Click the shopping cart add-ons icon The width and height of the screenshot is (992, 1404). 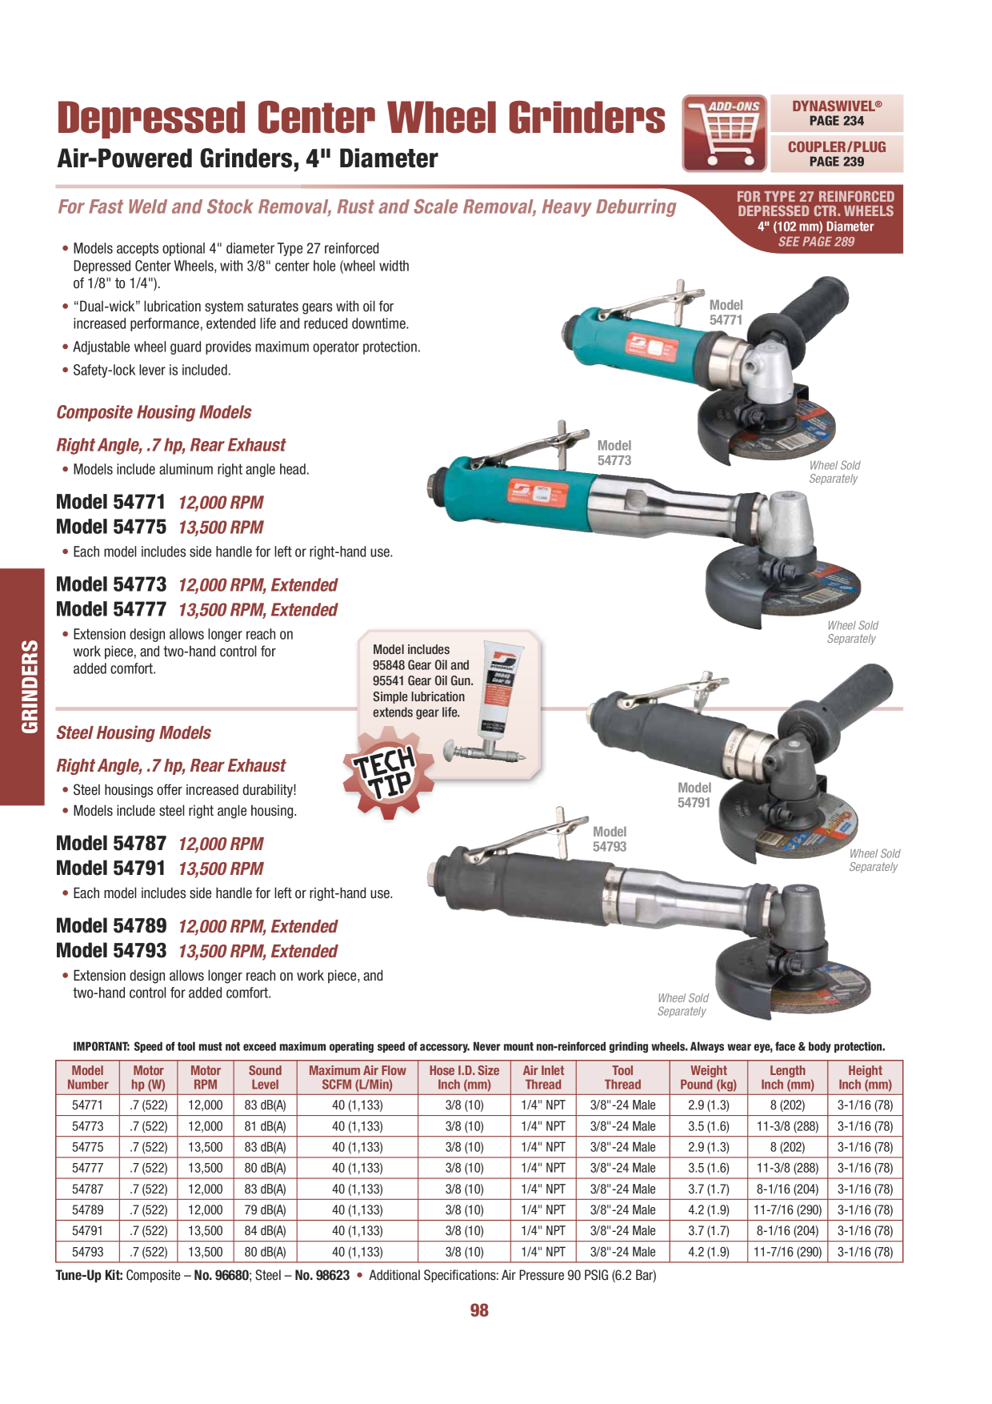(725, 134)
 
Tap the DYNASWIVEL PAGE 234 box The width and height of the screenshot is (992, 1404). (837, 113)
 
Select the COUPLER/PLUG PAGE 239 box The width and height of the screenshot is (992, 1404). (837, 154)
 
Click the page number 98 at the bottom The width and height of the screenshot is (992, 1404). (479, 1310)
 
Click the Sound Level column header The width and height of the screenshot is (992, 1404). (265, 1077)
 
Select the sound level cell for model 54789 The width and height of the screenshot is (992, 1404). (265, 1209)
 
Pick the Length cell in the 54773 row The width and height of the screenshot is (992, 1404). (787, 1126)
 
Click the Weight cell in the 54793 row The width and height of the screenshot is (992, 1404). (709, 1252)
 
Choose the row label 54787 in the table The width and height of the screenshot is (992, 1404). (87, 1189)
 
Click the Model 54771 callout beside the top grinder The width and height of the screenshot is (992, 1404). (726, 312)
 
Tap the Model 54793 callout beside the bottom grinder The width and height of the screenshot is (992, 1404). (610, 839)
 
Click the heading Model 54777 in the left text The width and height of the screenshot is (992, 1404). (111, 609)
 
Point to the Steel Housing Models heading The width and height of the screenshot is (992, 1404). (134, 732)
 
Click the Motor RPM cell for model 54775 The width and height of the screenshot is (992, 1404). (206, 1147)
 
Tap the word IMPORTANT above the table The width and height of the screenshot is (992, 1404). (102, 1046)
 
